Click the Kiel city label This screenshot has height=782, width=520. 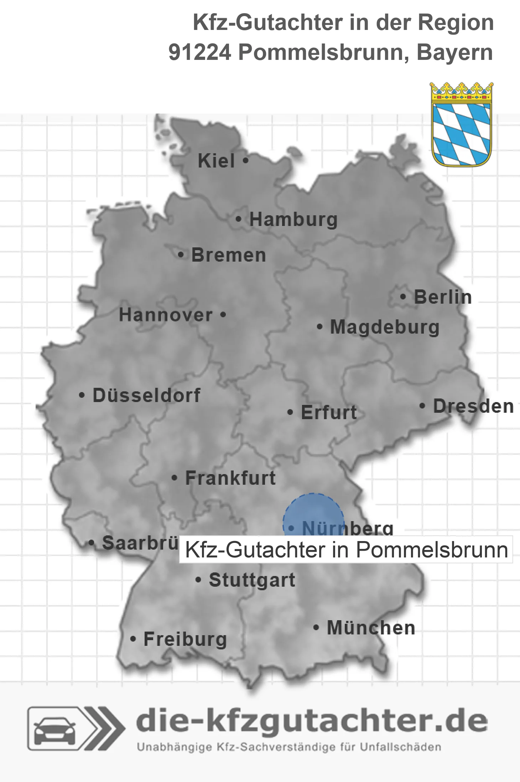pyautogui.click(x=216, y=161)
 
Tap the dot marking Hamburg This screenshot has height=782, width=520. pyautogui.click(x=238, y=219)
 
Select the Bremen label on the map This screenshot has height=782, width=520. pyautogui.click(x=228, y=255)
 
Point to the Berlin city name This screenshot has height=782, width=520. pyautogui.click(x=443, y=297)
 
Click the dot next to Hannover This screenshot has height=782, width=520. pyautogui.click(x=223, y=315)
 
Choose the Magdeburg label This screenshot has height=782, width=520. pyautogui.click(x=385, y=327)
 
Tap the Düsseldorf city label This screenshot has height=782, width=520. pyautogui.click(x=146, y=395)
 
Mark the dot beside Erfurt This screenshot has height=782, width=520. pyautogui.click(x=290, y=412)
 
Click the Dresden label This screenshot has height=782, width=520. pyautogui.click(x=473, y=406)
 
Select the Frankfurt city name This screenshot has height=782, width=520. pyautogui.click(x=230, y=478)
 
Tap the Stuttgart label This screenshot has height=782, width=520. pyautogui.click(x=252, y=580)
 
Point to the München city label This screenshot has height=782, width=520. pyautogui.click(x=371, y=628)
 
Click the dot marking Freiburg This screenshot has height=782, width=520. pyautogui.click(x=133, y=639)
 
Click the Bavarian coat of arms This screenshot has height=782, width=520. pyautogui.click(x=462, y=124)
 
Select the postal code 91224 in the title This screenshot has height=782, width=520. pyautogui.click(x=199, y=52)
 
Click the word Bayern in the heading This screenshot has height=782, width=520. pyautogui.click(x=454, y=52)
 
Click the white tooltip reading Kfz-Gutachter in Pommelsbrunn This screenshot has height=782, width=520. pyautogui.click(x=346, y=550)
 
